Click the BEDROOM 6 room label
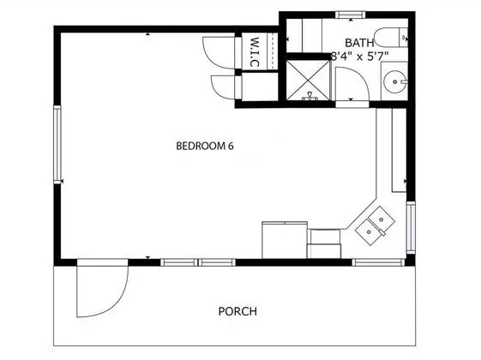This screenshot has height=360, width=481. [205, 146]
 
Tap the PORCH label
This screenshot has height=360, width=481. [237, 311]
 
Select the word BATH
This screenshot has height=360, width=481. [359, 43]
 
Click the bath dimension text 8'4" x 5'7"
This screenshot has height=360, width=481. [359, 56]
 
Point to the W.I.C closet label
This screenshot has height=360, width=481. [255, 52]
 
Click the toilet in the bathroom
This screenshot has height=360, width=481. [392, 37]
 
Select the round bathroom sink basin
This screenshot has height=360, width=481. [395, 82]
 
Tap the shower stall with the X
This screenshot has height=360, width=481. [308, 80]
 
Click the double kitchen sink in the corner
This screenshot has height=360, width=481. [375, 225]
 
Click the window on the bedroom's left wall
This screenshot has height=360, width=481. [57, 145]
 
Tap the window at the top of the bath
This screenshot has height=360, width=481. [351, 15]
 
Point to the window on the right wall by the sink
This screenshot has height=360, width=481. [411, 227]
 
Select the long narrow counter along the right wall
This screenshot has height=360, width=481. [399, 150]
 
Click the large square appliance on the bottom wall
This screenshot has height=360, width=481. [285, 240]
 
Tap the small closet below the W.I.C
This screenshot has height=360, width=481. [260, 87]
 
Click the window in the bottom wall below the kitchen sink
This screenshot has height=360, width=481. [379, 262]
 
